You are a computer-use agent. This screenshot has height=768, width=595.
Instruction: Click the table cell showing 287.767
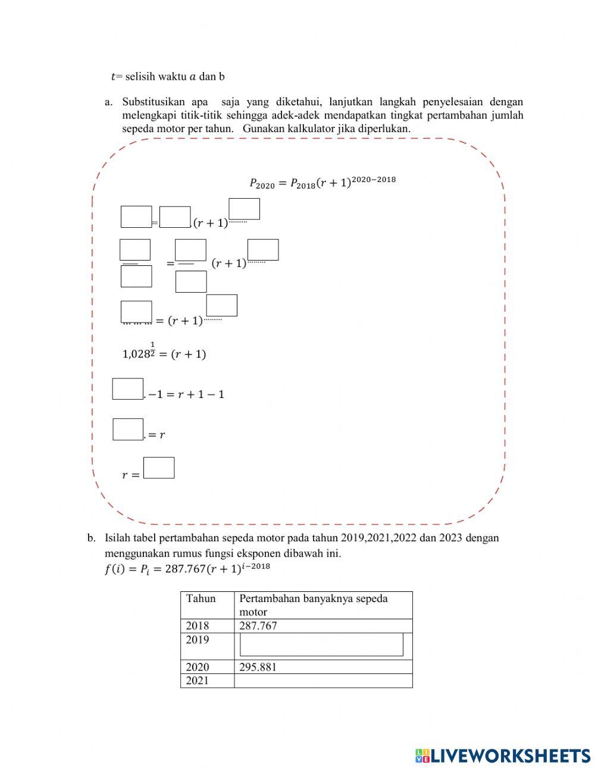258,626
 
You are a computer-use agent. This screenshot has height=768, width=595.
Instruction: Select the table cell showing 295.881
258,667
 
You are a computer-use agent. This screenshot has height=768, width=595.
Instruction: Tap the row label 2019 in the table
198,640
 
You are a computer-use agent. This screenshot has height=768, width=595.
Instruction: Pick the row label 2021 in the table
198,681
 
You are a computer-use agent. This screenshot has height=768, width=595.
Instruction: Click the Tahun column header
201,598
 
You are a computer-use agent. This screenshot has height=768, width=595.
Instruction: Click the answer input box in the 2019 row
321,644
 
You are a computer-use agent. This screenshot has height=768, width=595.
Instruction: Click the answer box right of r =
159,468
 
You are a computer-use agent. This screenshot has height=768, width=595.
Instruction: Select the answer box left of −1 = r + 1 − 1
128,389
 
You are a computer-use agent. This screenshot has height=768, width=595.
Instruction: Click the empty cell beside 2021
323,681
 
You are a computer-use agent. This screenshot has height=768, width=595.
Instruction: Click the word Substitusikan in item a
154,102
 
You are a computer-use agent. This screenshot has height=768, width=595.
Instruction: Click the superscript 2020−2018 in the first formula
374,180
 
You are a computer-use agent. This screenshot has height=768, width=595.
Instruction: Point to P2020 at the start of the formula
262,184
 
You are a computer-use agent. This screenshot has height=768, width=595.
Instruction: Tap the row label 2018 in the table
198,626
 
